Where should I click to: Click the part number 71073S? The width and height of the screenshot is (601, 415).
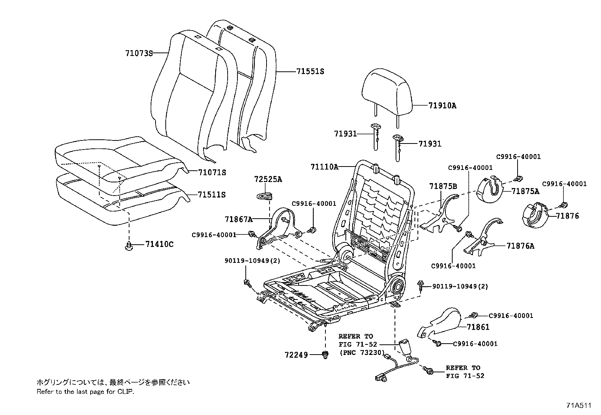click(x=139, y=53)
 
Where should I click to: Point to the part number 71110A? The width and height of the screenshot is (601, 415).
click(x=324, y=167)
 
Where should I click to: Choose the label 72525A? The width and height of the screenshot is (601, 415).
click(x=268, y=179)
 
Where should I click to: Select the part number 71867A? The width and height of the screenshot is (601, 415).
click(x=238, y=219)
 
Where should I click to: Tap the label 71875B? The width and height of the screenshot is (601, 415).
click(x=443, y=186)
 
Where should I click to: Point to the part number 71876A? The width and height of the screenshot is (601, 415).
click(x=520, y=246)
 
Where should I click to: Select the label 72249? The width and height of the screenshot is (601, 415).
click(x=296, y=355)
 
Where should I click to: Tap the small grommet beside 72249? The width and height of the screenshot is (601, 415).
click(x=324, y=354)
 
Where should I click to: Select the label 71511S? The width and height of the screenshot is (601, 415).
click(x=211, y=195)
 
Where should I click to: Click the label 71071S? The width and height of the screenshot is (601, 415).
click(x=212, y=173)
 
